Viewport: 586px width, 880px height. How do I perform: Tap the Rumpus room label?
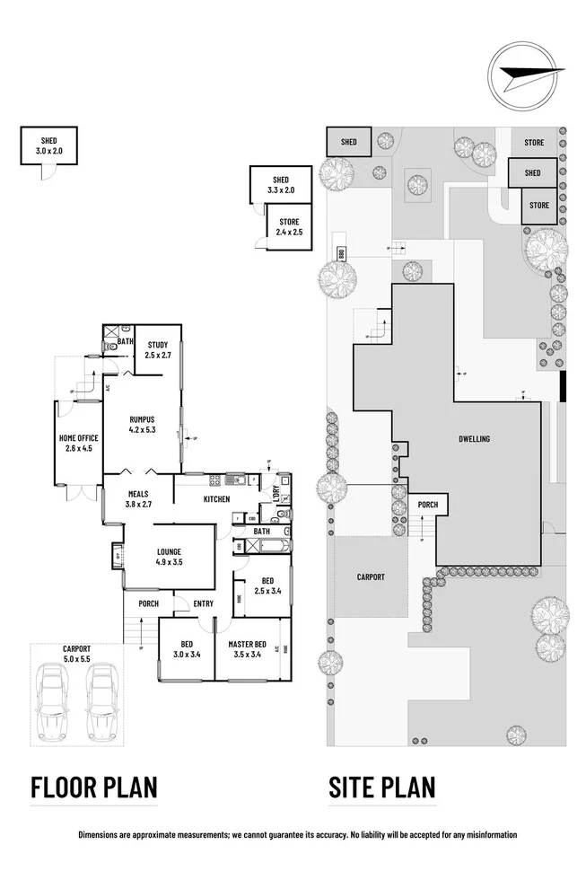pyautogui.click(x=143, y=424)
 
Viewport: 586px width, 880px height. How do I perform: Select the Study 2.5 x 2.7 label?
pyautogui.click(x=158, y=349)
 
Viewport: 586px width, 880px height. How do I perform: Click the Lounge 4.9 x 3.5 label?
pyautogui.click(x=169, y=557)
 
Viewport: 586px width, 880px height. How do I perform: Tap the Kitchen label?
pyautogui.click(x=216, y=499)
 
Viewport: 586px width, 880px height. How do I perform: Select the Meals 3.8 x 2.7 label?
pyautogui.click(x=138, y=498)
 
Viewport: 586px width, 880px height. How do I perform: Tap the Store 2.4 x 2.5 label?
pyautogui.click(x=289, y=227)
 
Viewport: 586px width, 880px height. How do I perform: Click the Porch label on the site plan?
pyautogui.click(x=428, y=505)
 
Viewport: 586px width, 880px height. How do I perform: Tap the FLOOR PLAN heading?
pyautogui.click(x=94, y=788)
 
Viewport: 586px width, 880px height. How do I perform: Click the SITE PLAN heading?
pyautogui.click(x=382, y=788)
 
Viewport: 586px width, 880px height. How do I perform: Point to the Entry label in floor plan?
pyautogui.click(x=203, y=604)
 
